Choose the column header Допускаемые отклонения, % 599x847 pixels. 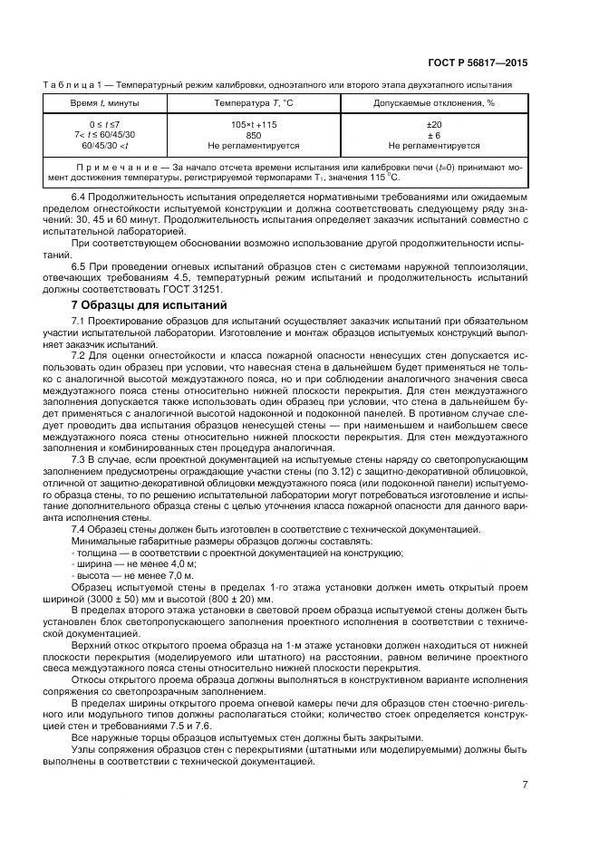434,103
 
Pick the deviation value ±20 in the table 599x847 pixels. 434,123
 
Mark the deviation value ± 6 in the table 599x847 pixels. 434,134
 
